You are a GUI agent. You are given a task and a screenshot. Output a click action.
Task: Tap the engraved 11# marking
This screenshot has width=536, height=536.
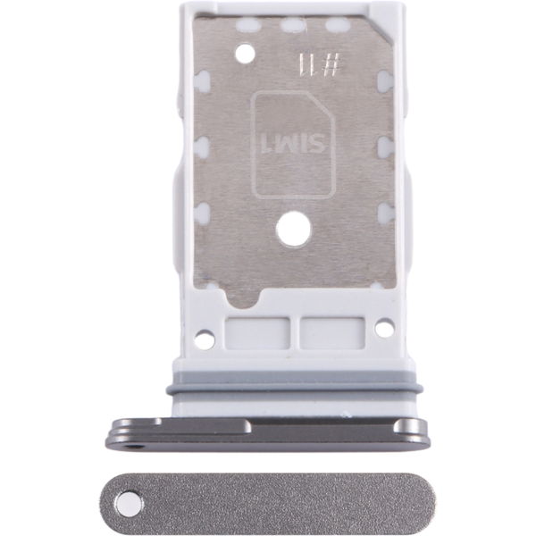tap(319, 65)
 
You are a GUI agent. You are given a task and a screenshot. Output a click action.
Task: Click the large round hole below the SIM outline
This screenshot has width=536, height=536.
tap(294, 229)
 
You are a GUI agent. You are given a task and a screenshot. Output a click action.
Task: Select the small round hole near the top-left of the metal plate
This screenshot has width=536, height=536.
tap(246, 53)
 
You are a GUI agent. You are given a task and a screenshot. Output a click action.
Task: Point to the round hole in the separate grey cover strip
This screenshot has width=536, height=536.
tap(129, 505)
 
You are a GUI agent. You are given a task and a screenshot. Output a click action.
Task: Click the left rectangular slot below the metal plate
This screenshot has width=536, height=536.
tap(257, 333)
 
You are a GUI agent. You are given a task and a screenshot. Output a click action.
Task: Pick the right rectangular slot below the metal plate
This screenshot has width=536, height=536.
tap(332, 333)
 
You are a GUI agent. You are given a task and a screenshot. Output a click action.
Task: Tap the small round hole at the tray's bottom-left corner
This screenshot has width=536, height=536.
tap(205, 339)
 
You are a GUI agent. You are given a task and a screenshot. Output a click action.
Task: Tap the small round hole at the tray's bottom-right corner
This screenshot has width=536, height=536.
tap(384, 327)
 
